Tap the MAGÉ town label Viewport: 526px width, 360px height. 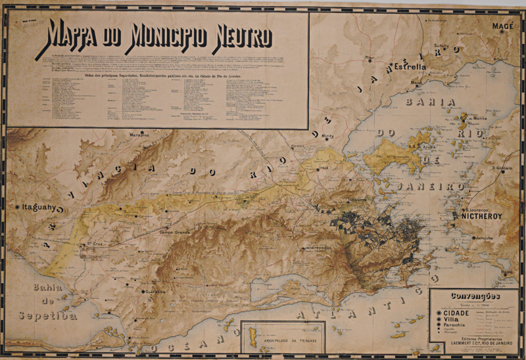(x=502, y=26)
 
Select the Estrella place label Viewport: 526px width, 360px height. (x=411, y=67)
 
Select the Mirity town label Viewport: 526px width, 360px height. (x=328, y=135)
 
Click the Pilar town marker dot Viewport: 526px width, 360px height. (x=370, y=62)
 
